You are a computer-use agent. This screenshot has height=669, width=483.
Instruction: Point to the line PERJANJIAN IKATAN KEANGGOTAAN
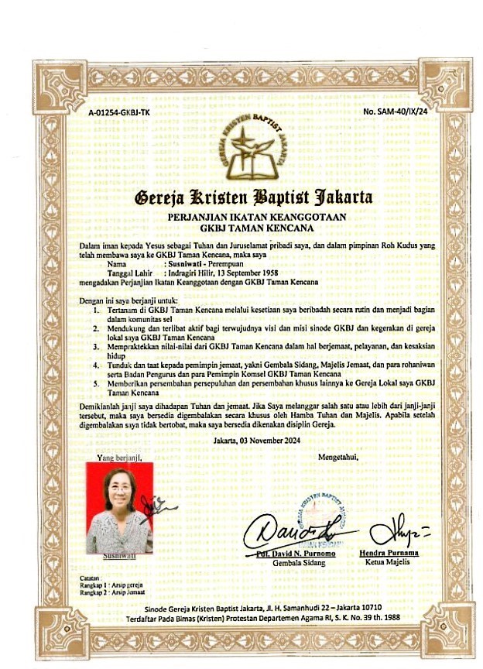256,218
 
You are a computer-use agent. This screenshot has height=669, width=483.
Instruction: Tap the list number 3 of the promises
97,349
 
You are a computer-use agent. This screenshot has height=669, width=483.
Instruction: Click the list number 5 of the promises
97,383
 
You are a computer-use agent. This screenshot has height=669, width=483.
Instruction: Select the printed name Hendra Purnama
389,554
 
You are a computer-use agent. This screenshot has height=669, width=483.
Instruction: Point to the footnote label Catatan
92,578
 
